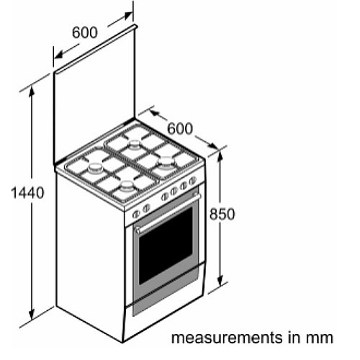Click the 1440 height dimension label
click(27, 193)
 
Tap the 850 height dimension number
click(222, 214)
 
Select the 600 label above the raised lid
click(85, 32)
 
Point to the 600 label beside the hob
click(180, 128)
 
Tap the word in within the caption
click(294, 337)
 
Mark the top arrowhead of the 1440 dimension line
click(32, 92)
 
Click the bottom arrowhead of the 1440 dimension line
click(32, 314)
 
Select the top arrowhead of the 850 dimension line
click(220, 157)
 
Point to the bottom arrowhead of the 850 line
click(220, 280)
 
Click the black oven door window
click(166, 246)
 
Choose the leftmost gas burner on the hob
click(95, 168)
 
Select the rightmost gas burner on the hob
click(166, 161)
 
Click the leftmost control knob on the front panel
click(136, 214)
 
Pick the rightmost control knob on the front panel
click(192, 181)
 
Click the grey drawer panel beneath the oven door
click(166, 296)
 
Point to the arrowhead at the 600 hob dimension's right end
click(212, 145)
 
